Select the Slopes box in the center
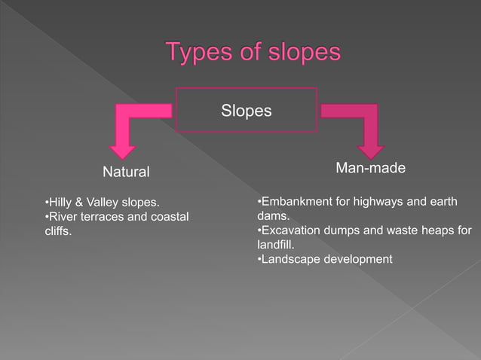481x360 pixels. (246, 111)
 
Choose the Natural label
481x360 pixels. (126, 172)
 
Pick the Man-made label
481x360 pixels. (369, 169)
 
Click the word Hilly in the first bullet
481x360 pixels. (62, 203)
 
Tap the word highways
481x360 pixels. (372, 202)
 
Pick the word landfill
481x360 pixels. (275, 245)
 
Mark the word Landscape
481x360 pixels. (290, 259)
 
